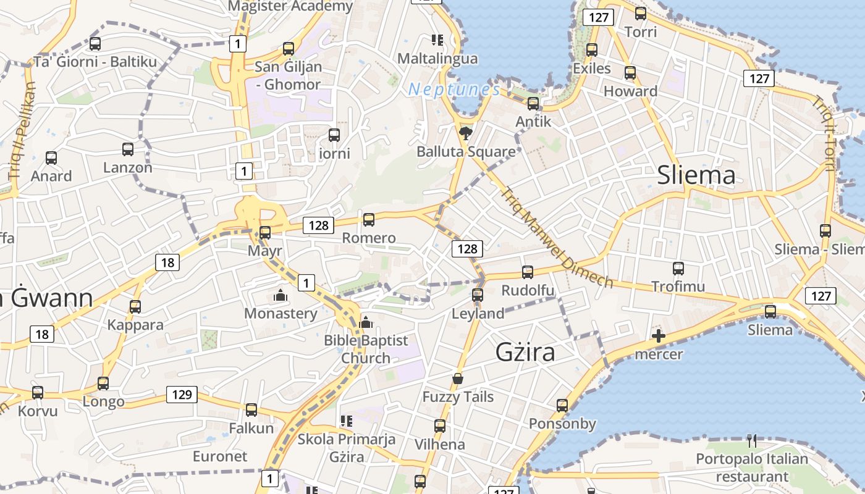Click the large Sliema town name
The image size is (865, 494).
(696, 175)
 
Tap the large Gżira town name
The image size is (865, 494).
(525, 353)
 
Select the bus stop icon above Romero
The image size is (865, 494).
(369, 219)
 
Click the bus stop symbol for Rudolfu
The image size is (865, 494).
(528, 272)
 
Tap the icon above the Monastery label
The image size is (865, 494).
(281, 296)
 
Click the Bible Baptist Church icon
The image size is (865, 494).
(366, 322)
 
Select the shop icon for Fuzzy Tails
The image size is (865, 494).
(458, 379)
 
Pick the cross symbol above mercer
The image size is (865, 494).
(659, 337)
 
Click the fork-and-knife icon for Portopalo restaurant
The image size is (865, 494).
(752, 441)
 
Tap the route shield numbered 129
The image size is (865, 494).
(182, 394)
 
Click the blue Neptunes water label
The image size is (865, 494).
(454, 90)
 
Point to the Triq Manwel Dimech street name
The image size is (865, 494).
(557, 238)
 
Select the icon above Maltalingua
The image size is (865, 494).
(437, 41)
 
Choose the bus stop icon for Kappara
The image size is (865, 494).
(135, 306)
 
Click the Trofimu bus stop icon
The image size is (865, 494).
(678, 269)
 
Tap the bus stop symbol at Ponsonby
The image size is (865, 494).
(562, 406)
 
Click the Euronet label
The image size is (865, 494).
(220, 456)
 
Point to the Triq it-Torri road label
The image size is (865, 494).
(825, 133)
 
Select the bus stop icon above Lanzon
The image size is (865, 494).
(128, 149)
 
